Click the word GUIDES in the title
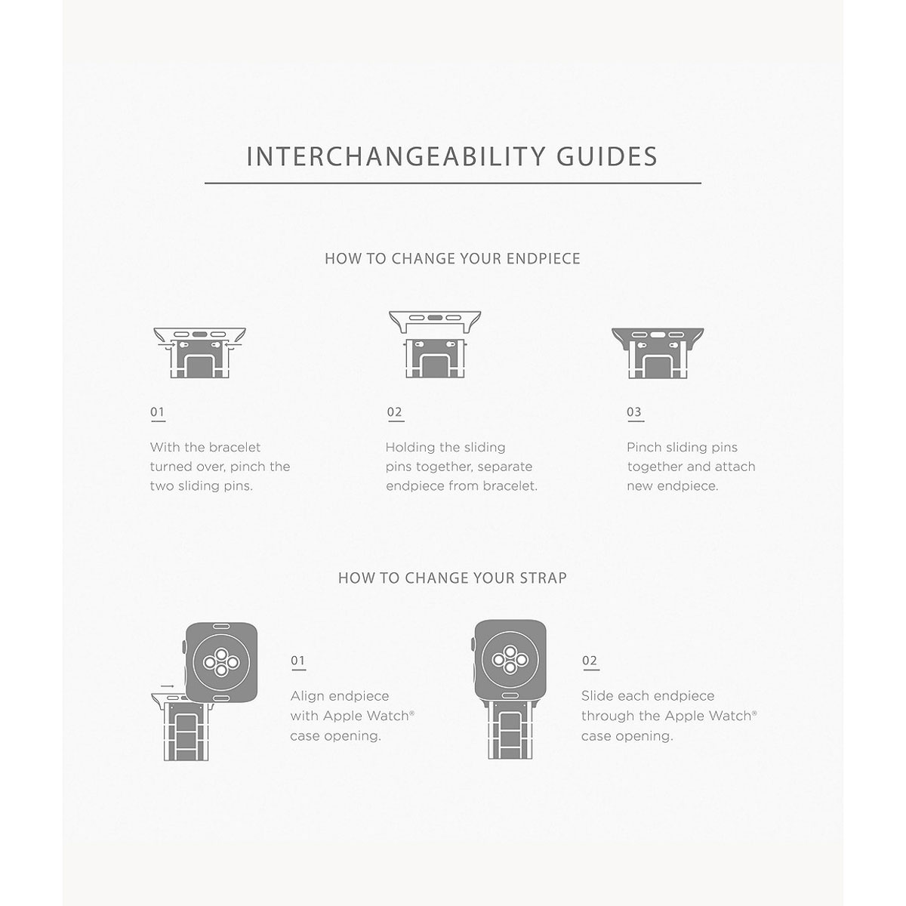607,156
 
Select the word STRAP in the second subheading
543,578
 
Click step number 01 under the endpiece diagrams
158,412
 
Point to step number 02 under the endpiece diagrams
394,412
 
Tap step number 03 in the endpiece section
633,412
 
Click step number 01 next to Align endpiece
297,661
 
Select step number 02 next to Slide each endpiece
590,661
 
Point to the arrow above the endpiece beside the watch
167,686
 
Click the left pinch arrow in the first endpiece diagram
167,344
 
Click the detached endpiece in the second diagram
435,321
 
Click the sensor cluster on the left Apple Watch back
221,662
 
